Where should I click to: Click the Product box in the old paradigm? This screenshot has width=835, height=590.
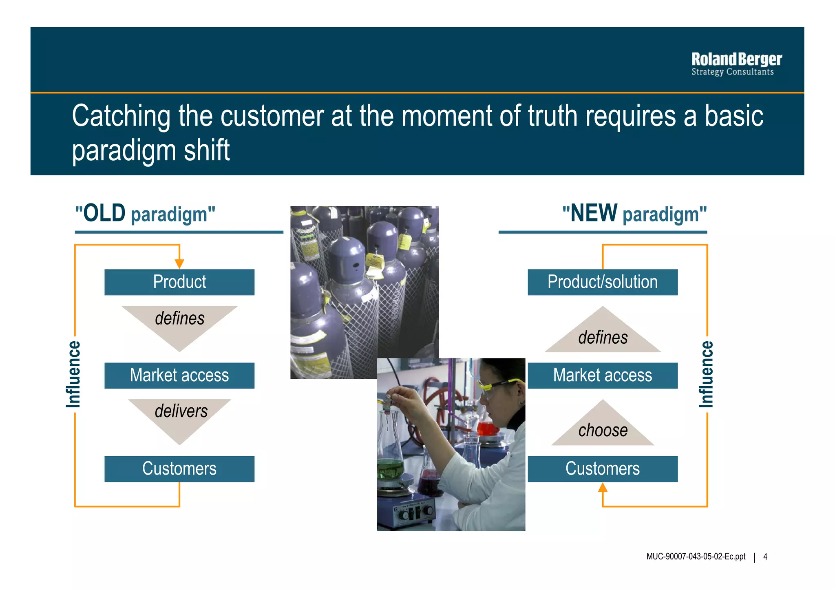[179, 282]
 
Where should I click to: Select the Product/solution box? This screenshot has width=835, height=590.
[602, 282]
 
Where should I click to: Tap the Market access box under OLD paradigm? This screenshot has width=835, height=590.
[179, 376]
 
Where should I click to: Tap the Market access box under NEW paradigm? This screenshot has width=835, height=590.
[602, 376]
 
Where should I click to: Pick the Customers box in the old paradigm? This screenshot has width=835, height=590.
[179, 469]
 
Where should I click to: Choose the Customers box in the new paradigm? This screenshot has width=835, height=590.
[602, 469]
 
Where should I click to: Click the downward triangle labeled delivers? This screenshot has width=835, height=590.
[180, 416]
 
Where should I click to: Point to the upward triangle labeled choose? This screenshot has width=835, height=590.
[603, 428]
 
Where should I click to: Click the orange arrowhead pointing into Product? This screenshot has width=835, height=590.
[179, 264]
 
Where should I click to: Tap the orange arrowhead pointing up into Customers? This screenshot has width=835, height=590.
[603, 487]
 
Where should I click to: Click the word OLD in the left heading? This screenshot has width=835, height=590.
[104, 213]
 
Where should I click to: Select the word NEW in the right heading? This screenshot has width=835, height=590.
[594, 213]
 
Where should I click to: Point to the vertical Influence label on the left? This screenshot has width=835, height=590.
[74, 374]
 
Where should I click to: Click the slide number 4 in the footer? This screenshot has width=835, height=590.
[765, 557]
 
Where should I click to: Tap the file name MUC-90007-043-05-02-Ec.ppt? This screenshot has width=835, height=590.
[696, 557]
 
